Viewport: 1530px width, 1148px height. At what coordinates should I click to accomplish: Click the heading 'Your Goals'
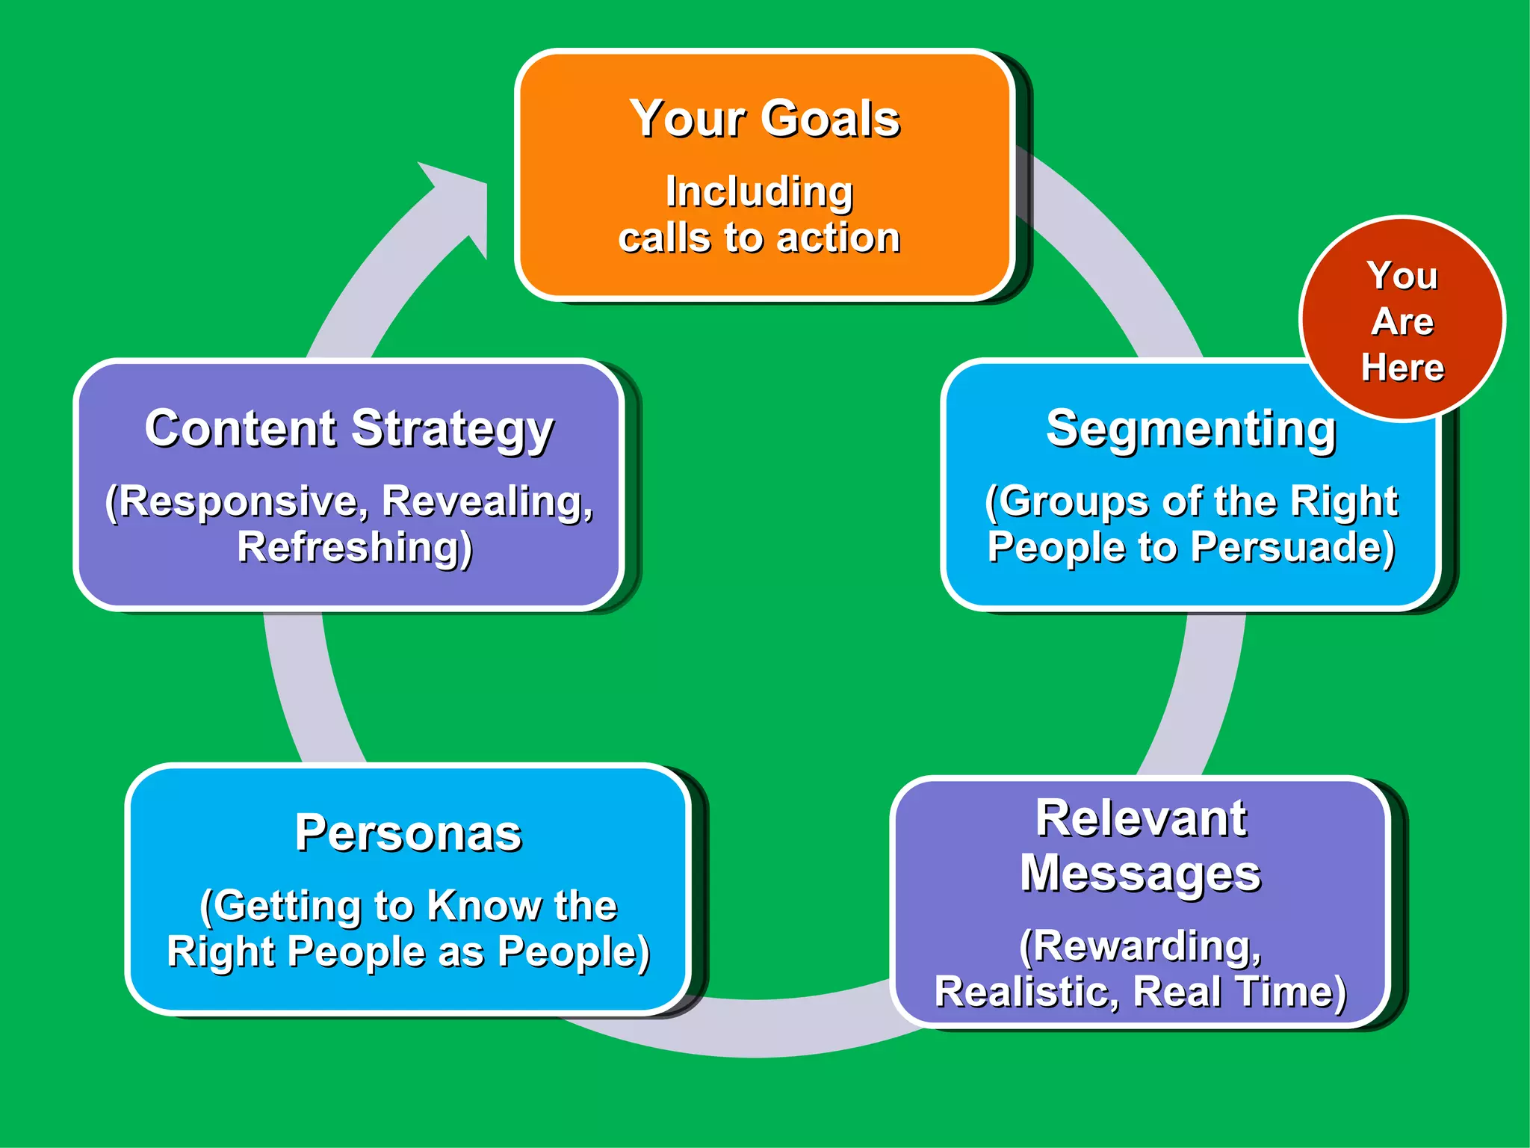coord(764,119)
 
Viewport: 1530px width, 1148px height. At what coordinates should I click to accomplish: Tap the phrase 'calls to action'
coord(759,238)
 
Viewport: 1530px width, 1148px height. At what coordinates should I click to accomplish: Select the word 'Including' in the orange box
coord(759,192)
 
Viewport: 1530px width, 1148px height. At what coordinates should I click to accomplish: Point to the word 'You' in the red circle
coord(1402,275)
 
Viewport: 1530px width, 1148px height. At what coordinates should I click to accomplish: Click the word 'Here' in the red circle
coord(1402,368)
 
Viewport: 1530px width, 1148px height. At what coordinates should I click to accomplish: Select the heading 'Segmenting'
coord(1191,429)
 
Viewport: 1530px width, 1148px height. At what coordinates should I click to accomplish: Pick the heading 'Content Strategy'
coord(349,429)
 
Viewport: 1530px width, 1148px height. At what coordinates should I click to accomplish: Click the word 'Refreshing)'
coord(355,547)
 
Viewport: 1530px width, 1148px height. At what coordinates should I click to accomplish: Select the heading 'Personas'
coord(408,833)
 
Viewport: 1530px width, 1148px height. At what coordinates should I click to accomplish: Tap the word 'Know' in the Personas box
coord(484,906)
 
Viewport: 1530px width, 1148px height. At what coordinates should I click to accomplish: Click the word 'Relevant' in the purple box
coord(1141,818)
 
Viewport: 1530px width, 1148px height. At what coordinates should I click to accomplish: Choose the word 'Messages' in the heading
coord(1141,873)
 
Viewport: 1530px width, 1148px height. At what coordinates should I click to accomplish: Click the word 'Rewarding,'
coord(1141,946)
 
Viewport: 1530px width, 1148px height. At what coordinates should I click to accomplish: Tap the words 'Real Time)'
coord(1240,993)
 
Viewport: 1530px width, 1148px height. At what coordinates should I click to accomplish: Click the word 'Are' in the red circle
coord(1402,321)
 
